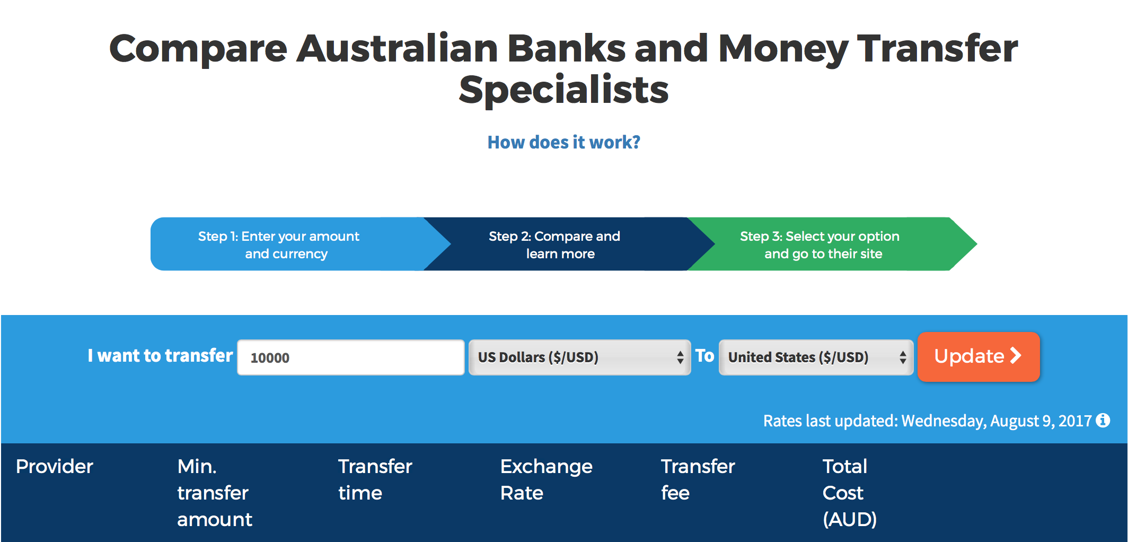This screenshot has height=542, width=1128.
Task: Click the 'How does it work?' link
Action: pyautogui.click(x=563, y=142)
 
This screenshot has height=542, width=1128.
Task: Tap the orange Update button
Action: pyautogui.click(x=979, y=356)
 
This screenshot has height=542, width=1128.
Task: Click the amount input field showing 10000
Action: pyautogui.click(x=351, y=357)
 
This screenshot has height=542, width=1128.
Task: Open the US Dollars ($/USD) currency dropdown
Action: pyautogui.click(x=580, y=357)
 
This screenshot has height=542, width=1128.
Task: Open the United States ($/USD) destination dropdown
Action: pyautogui.click(x=816, y=357)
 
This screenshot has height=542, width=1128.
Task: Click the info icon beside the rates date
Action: pyautogui.click(x=1103, y=420)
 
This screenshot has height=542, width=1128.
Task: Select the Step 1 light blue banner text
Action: pyautogui.click(x=279, y=244)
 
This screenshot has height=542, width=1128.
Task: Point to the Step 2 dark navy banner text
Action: pyautogui.click(x=554, y=244)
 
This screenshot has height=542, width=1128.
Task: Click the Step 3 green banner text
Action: pyautogui.click(x=820, y=244)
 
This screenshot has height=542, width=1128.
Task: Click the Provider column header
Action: pyautogui.click(x=55, y=466)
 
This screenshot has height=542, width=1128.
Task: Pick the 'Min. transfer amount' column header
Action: pyautogui.click(x=215, y=493)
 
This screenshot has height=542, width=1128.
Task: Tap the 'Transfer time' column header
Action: pyautogui.click(x=375, y=479)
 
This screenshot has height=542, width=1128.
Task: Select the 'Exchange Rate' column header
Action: pyautogui.click(x=547, y=479)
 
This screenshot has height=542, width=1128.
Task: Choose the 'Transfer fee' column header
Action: pyautogui.click(x=698, y=479)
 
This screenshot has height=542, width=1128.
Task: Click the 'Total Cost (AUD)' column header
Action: pyautogui.click(x=850, y=493)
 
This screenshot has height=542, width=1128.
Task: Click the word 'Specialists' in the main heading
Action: pyautogui.click(x=563, y=90)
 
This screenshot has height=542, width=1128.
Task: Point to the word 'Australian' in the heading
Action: pyautogui.click(x=397, y=48)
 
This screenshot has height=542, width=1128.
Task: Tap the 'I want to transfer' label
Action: pyautogui.click(x=160, y=355)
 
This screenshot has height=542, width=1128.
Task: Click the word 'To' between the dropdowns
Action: pyautogui.click(x=705, y=355)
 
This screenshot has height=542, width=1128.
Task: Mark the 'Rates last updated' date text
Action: pyautogui.click(x=928, y=421)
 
